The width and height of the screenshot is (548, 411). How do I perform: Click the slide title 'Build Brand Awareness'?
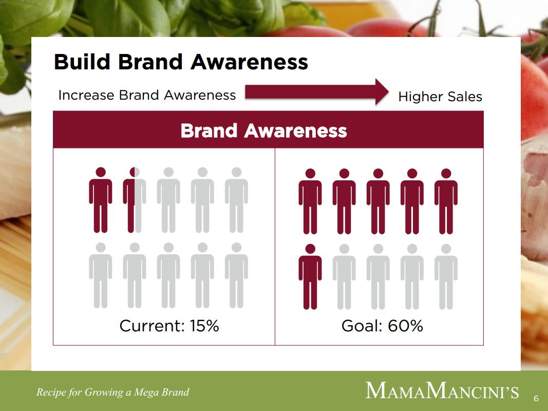click(181, 62)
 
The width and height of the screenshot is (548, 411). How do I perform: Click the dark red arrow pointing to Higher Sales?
click(317, 92)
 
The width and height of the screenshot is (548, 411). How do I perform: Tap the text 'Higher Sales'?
click(440, 97)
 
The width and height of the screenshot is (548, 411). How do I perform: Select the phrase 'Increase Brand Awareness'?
click(147, 95)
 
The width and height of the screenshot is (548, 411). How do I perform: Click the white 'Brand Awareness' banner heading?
click(263, 130)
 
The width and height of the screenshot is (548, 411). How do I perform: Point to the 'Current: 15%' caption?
click(169, 326)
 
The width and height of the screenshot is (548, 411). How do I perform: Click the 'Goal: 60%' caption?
click(382, 326)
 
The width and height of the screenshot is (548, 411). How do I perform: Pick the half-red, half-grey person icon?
click(135, 200)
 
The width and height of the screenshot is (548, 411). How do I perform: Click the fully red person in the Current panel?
click(101, 200)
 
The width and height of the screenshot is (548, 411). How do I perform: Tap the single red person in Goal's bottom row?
click(310, 277)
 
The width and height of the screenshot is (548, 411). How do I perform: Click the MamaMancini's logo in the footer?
click(442, 391)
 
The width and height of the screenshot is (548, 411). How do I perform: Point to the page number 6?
click(536, 399)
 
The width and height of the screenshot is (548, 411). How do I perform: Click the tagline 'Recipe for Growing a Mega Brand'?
click(112, 392)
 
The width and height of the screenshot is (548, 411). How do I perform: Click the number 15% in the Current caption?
click(204, 326)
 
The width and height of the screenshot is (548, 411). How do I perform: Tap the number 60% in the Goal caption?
click(405, 326)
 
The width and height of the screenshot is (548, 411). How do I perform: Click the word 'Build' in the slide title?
click(82, 62)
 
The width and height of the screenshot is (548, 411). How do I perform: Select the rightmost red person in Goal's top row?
click(446, 201)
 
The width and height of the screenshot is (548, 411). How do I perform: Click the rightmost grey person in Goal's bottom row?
click(446, 277)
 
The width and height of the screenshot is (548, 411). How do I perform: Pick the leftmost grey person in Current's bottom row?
click(101, 275)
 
